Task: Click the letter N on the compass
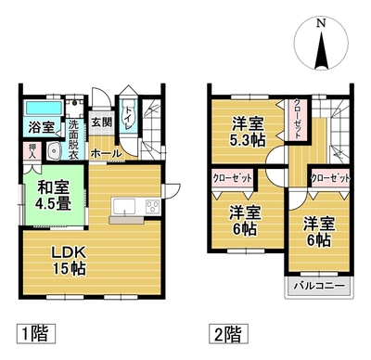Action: [x=322, y=23]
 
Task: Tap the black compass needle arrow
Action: [x=322, y=51]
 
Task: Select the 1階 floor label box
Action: [x=35, y=334]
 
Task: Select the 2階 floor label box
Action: [x=228, y=334]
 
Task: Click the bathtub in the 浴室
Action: [x=44, y=109]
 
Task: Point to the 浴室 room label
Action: [x=42, y=127]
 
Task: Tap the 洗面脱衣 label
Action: [x=73, y=139]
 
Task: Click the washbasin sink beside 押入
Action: [x=55, y=151]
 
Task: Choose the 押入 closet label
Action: [x=32, y=151]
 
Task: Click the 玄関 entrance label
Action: [x=101, y=122]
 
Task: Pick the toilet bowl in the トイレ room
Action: [x=127, y=118]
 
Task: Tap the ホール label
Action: [x=107, y=153]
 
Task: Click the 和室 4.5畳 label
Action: [x=53, y=196]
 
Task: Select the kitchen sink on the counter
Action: [x=124, y=207]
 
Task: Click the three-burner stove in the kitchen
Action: [x=152, y=206]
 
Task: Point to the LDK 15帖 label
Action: [x=69, y=261]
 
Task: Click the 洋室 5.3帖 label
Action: [x=248, y=132]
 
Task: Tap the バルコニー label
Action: [x=318, y=285]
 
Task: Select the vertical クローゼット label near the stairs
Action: [x=297, y=119]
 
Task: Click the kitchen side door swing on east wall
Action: [x=172, y=189]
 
